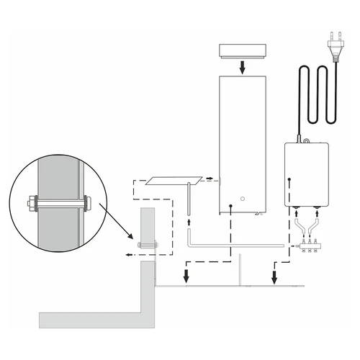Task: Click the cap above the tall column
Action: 241,51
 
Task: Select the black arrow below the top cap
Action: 243,67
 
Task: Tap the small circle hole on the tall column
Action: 243,198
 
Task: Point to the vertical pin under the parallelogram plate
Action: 187,198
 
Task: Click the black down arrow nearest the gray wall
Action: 186,276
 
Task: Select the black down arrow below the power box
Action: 274,276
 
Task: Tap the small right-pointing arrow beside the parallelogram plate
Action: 209,178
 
